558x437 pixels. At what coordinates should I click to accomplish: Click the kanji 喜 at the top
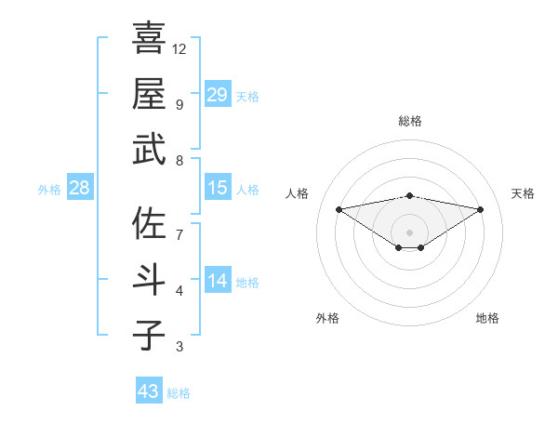point(149,38)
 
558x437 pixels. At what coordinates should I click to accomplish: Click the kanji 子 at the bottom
point(149,335)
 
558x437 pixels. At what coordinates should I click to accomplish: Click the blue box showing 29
point(218,94)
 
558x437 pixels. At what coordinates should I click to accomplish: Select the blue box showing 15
point(218,188)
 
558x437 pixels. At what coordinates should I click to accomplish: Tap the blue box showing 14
point(218,281)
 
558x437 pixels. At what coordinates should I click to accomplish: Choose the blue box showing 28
point(80,188)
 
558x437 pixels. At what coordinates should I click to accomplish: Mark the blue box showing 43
point(149,391)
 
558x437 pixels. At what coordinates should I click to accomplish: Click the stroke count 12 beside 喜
point(179,48)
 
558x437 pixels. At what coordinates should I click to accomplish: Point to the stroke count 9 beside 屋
point(179,104)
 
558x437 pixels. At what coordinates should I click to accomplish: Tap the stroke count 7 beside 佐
point(179,234)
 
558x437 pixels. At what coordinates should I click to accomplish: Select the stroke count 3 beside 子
point(179,347)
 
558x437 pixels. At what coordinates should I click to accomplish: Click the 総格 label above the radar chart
point(409,121)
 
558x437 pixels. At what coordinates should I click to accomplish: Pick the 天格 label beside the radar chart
point(524,193)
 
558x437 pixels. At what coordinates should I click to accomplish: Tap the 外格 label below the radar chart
point(327,318)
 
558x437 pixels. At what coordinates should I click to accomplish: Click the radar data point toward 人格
point(339,208)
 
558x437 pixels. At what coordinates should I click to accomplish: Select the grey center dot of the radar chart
point(409,231)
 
